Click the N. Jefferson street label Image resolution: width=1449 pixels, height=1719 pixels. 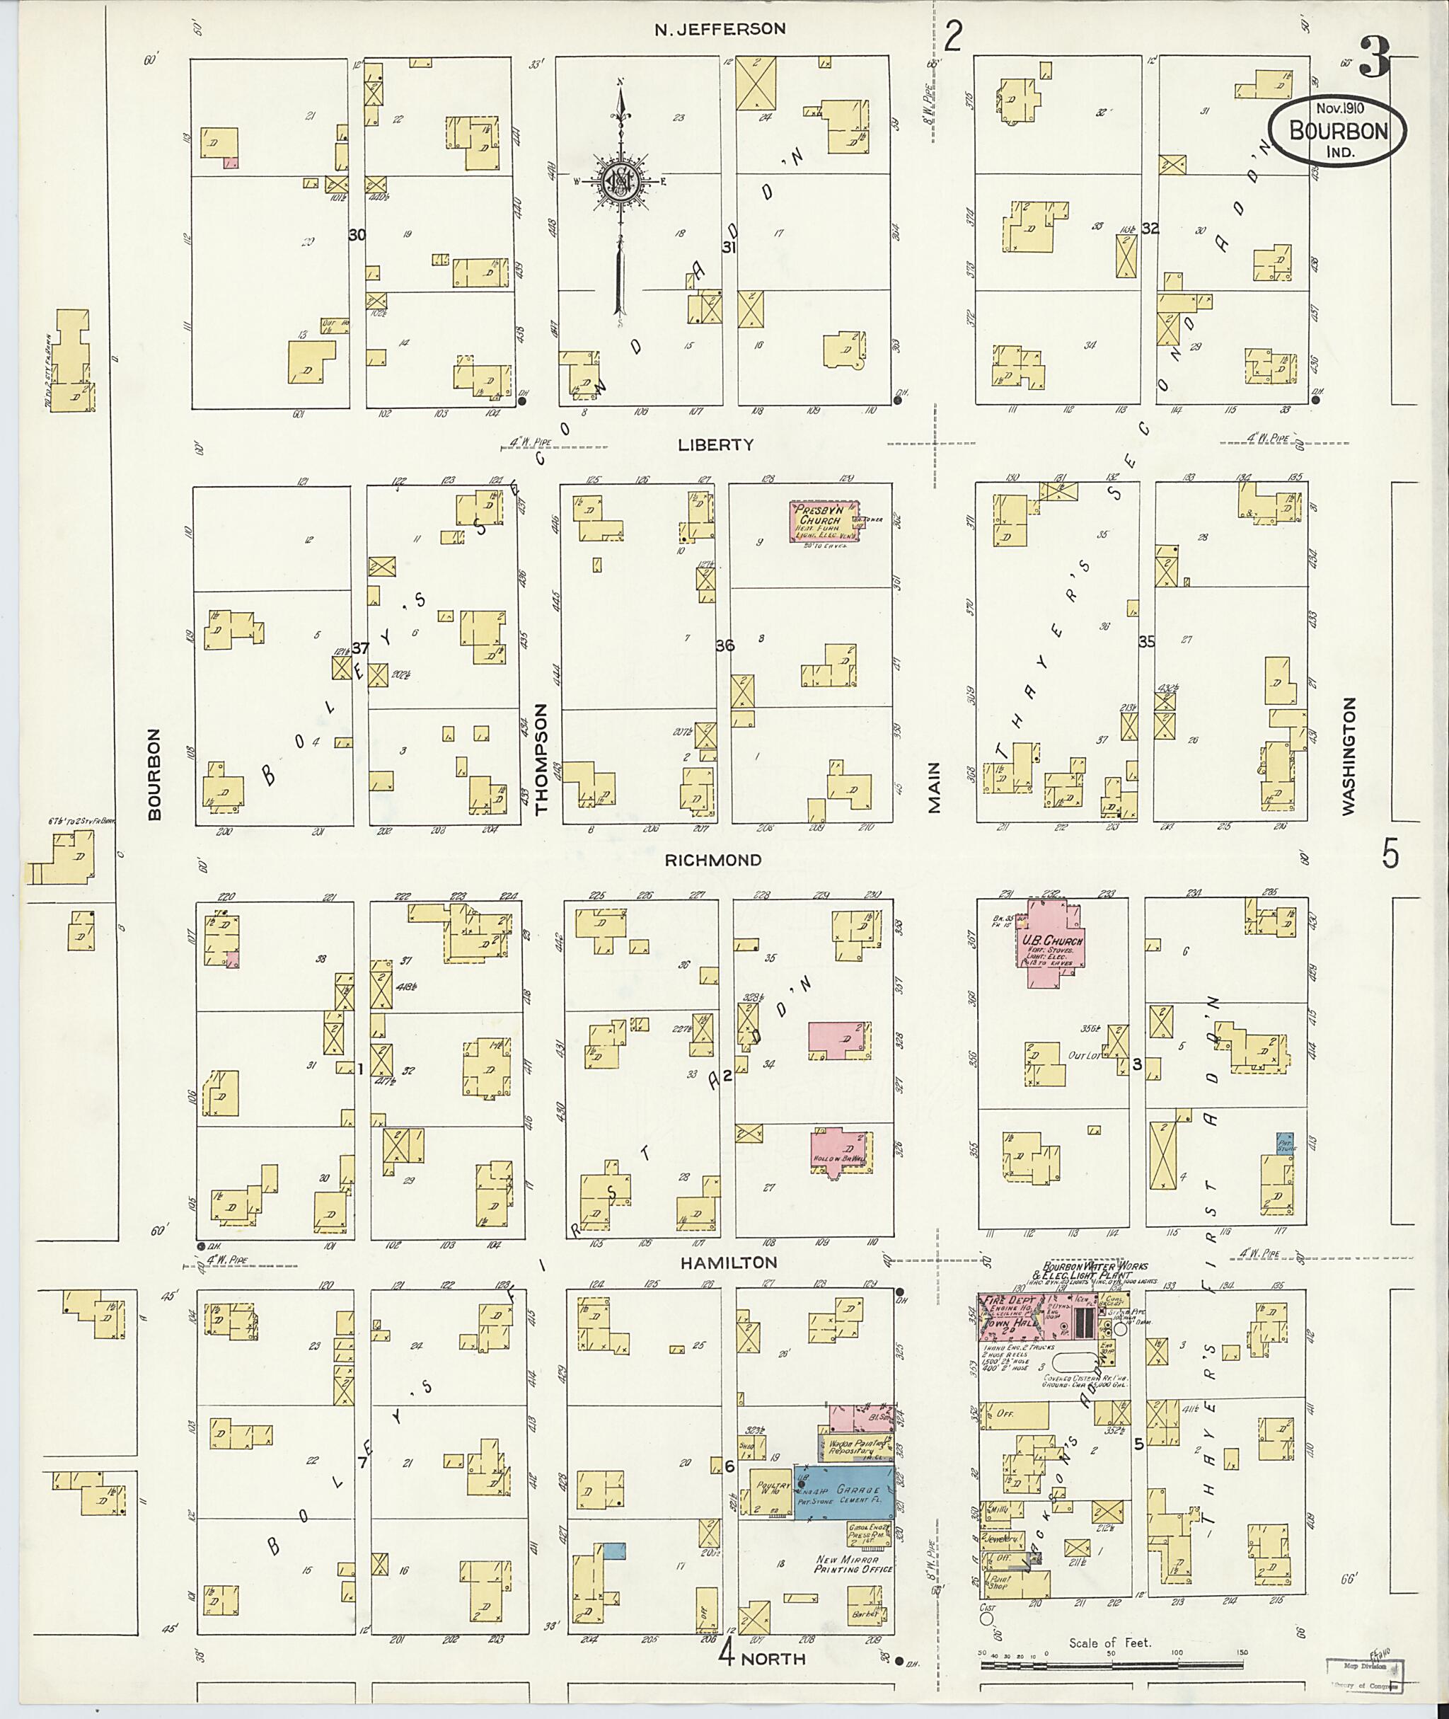click(720, 29)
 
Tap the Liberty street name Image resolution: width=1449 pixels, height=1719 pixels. click(715, 444)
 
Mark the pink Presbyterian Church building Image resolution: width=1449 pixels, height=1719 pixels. click(824, 521)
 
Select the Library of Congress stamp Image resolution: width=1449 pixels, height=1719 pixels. click(1363, 1674)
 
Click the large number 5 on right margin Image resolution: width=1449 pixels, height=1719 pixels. click(1389, 855)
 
